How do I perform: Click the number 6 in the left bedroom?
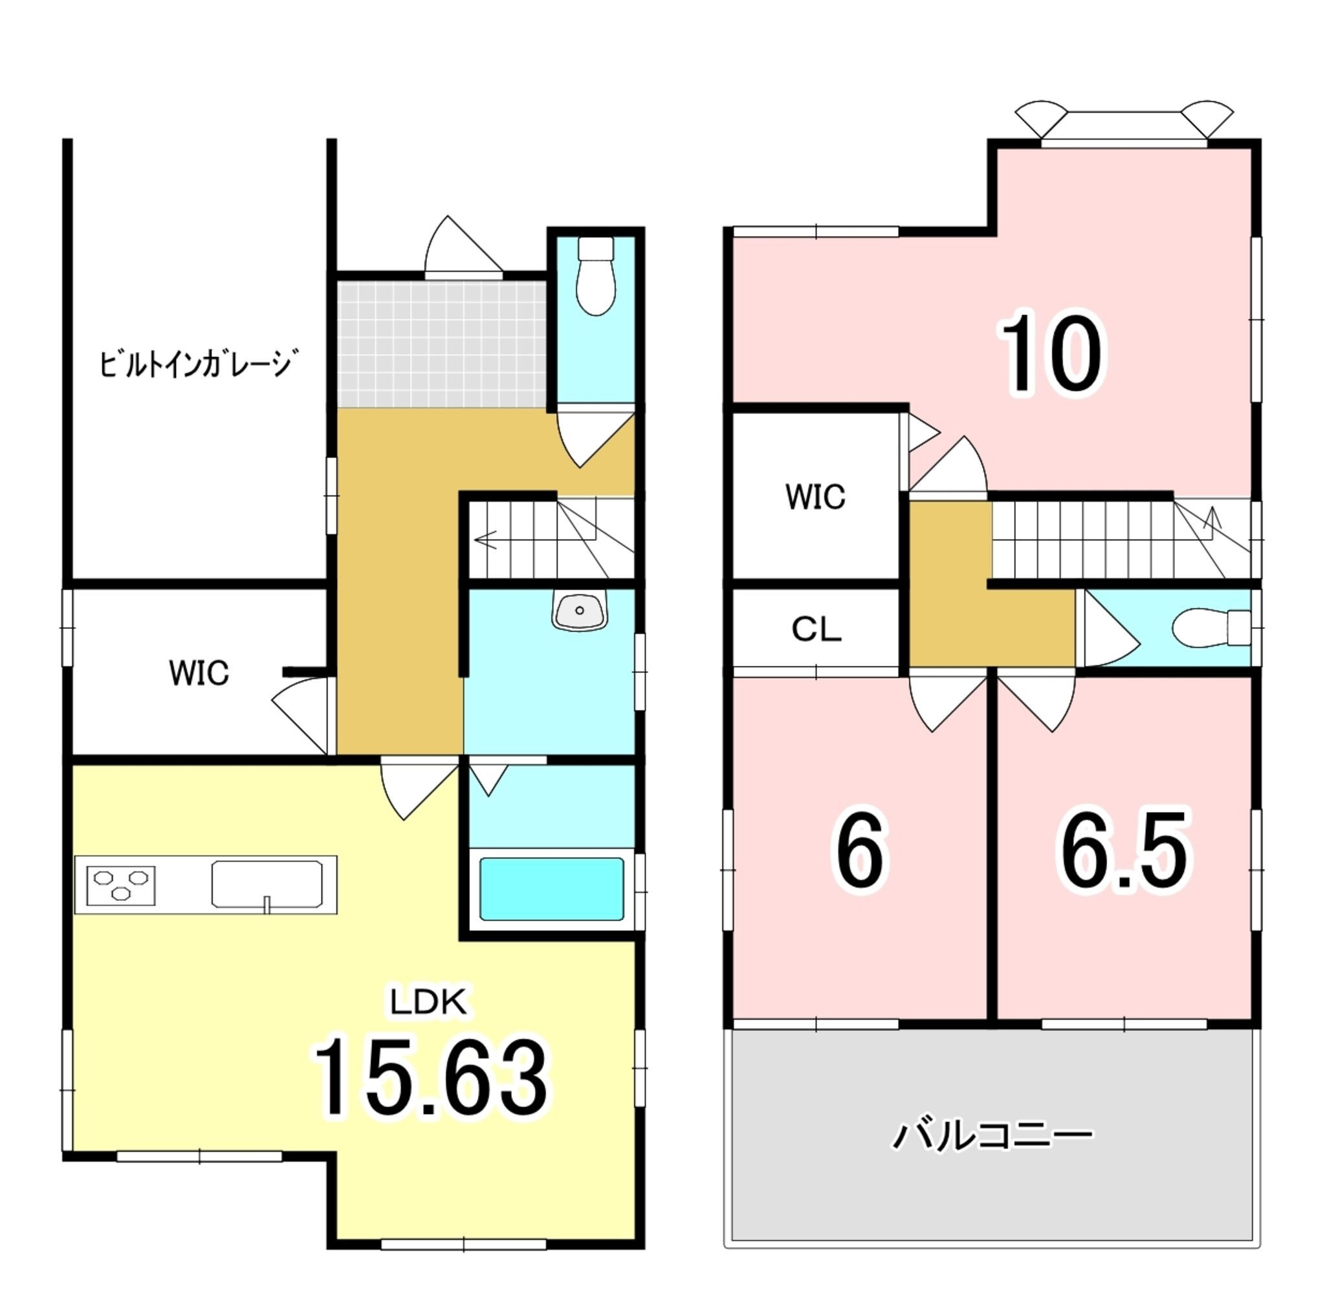[x=860, y=853]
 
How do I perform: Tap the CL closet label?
[x=816, y=629]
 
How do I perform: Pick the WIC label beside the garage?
[x=199, y=673]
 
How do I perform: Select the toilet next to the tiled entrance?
[x=596, y=275]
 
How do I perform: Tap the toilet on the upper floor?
[x=1211, y=627]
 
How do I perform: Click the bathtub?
[x=551, y=889]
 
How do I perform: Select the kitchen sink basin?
[x=267, y=884]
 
